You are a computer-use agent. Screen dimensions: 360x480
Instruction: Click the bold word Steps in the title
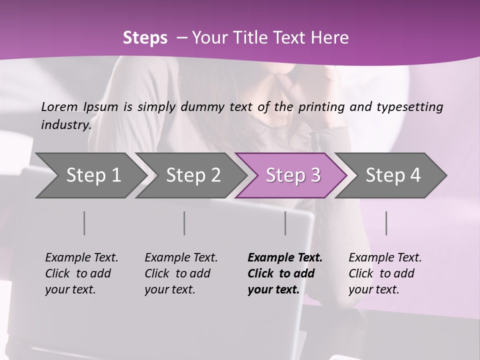[x=145, y=38]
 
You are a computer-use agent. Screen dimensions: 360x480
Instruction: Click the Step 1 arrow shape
[x=93, y=175]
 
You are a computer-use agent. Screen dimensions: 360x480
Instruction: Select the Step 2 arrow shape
[x=193, y=175]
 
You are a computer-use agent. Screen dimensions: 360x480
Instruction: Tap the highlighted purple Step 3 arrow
[x=293, y=175]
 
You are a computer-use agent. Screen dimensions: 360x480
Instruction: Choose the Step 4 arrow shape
[x=393, y=175]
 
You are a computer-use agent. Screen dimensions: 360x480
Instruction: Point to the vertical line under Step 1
[x=84, y=223]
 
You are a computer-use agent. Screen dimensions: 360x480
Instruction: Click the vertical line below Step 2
[x=184, y=223]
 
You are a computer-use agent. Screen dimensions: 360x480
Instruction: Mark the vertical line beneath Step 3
[x=285, y=223]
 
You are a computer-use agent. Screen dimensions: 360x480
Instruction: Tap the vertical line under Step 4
[x=386, y=223]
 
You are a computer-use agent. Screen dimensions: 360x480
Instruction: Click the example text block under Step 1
[x=81, y=273]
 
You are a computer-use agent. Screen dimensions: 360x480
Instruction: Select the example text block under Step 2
[x=181, y=273]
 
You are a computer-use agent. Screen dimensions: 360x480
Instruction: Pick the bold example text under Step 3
[x=285, y=273]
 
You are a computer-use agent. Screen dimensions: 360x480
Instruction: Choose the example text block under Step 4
[x=385, y=273]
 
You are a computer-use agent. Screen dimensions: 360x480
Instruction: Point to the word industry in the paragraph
[x=66, y=124]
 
